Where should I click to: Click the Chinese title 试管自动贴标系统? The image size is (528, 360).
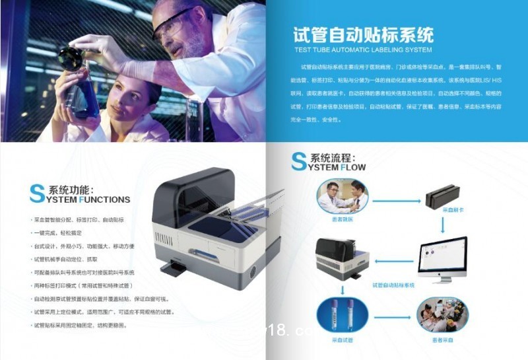click(x=363, y=34)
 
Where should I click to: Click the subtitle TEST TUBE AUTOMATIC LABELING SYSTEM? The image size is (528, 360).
click(x=363, y=50)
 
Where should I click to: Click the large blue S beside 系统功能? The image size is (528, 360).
click(x=38, y=194)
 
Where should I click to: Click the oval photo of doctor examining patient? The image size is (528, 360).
click(x=342, y=196)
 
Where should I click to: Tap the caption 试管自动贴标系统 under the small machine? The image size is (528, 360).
click(x=393, y=285)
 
